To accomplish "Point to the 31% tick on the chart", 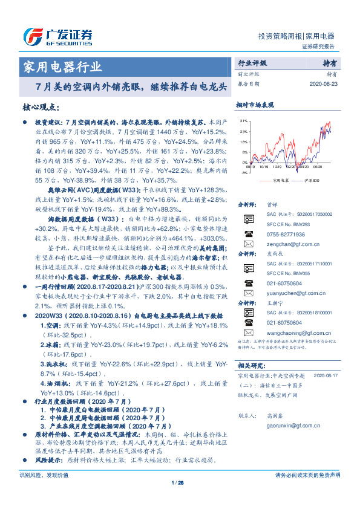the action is pyautogui.click(x=243, y=121).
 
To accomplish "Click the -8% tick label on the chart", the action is pyautogui.click(x=244, y=173).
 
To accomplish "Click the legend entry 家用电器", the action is pyautogui.click(x=277, y=181).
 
